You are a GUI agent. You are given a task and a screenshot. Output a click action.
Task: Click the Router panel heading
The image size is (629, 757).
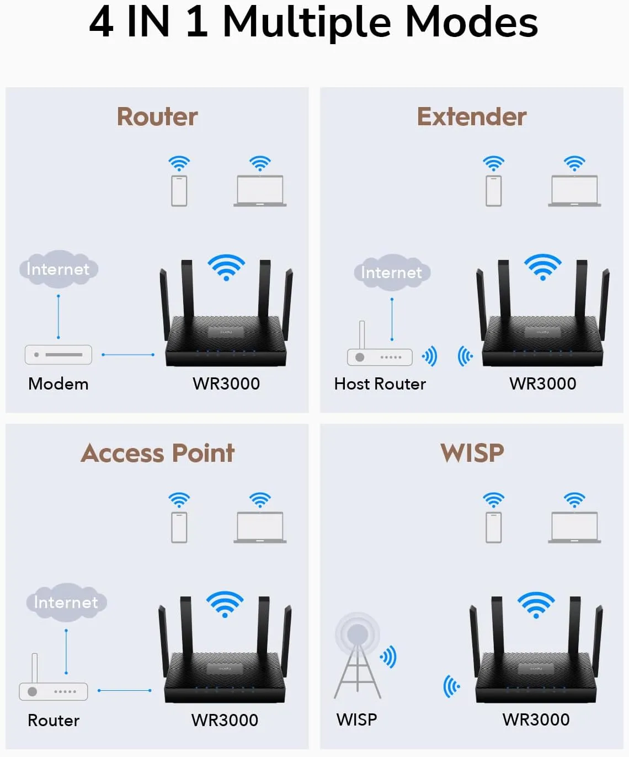click(157, 117)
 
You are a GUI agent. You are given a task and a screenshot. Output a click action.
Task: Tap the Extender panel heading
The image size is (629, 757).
click(471, 117)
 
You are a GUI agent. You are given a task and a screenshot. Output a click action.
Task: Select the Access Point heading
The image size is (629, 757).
click(158, 453)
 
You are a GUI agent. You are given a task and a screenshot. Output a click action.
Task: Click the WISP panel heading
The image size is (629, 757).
click(472, 453)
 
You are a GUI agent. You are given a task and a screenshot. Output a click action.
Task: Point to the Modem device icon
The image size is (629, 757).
click(58, 355)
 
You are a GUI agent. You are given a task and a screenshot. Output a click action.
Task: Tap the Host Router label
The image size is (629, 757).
click(380, 384)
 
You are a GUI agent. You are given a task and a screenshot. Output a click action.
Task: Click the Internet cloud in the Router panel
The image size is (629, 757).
click(58, 269)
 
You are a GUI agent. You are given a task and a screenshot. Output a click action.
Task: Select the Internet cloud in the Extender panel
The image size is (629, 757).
click(392, 273)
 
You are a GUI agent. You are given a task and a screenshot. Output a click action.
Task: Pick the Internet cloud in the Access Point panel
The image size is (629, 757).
click(66, 602)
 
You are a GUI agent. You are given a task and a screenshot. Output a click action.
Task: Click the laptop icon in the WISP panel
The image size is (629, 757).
click(574, 527)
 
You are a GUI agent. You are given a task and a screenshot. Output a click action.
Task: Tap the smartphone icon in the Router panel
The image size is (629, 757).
click(179, 190)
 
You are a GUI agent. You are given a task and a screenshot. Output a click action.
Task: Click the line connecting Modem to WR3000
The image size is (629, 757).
click(128, 355)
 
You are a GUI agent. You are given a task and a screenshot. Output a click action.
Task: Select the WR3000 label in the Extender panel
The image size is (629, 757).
click(542, 384)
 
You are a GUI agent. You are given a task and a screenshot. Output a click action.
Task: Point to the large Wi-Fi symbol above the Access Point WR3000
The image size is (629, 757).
click(225, 604)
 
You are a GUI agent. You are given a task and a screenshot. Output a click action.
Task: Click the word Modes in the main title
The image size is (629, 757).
click(471, 23)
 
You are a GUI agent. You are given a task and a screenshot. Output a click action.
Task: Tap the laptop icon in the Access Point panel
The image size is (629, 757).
click(260, 527)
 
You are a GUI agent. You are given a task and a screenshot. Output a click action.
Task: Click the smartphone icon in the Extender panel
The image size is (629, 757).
click(493, 190)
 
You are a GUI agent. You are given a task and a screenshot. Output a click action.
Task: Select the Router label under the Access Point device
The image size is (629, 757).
click(54, 720)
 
